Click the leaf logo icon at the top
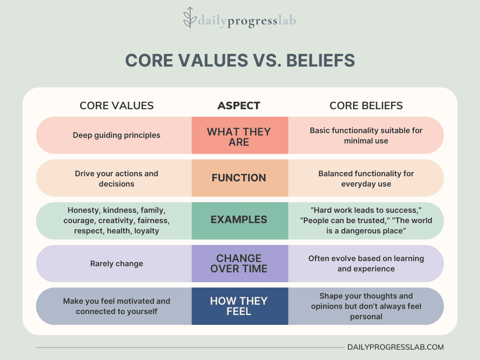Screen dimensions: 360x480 190,18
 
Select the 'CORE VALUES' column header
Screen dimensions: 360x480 117,105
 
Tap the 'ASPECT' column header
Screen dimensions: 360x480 239,105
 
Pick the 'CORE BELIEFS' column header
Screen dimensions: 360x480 366,105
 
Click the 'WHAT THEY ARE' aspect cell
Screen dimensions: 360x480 240,136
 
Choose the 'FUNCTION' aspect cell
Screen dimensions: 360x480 239,178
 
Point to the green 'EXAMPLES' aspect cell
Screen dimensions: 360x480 239,219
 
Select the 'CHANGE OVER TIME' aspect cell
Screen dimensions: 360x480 239,263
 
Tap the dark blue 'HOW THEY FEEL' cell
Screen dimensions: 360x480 239,306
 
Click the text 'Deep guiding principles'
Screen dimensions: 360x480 116,135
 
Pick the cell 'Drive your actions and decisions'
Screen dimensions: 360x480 116,179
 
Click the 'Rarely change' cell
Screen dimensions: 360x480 116,263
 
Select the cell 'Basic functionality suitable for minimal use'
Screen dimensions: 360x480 366,135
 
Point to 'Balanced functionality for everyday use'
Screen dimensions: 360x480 366,179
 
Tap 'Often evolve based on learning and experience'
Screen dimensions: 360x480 366,263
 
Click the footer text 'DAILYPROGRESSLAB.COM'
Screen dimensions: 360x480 395,347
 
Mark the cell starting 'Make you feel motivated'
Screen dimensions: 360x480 116,306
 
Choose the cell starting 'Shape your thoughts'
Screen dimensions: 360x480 366,306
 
